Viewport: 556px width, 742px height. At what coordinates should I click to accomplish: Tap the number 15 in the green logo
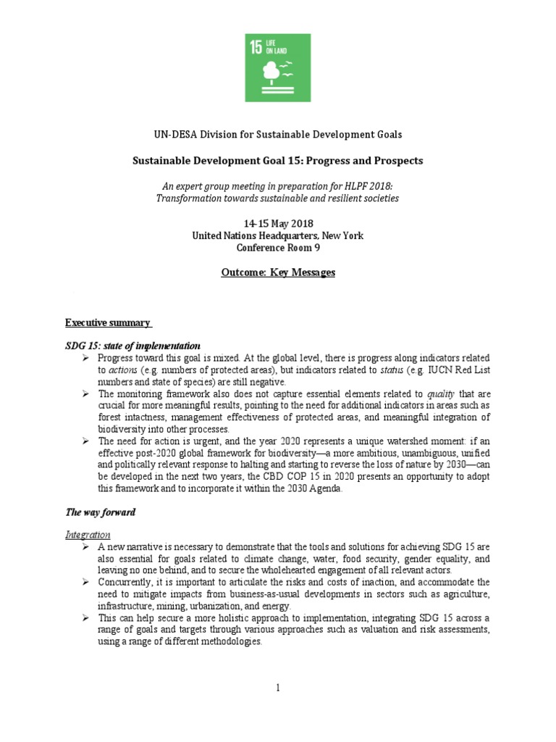tap(256, 48)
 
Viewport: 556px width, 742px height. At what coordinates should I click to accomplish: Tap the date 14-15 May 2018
tap(278, 222)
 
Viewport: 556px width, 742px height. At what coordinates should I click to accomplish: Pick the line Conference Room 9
tap(278, 247)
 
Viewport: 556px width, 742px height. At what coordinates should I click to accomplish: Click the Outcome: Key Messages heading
tap(278, 272)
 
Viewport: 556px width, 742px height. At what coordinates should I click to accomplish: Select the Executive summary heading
tap(108, 322)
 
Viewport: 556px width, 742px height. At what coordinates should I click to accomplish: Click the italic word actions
tap(111, 370)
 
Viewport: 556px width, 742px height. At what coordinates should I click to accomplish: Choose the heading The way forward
tap(100, 512)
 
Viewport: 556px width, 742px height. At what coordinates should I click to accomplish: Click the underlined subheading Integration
tap(88, 534)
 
